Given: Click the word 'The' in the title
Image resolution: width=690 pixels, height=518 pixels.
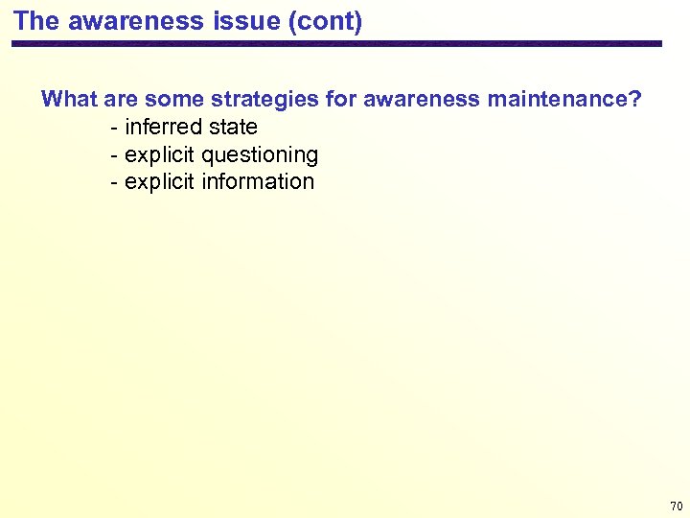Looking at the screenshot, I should pos(36,21).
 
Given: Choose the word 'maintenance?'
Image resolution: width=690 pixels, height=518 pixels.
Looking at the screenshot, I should pos(563,99).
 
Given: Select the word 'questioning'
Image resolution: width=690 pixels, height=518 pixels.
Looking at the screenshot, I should pos(261,154).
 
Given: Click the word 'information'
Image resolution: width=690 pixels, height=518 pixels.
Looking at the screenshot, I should pos(259,181).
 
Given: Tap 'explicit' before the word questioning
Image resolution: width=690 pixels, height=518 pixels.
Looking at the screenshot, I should pos(160,154).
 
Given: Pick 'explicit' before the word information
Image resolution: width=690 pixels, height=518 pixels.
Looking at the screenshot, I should pos(160,181).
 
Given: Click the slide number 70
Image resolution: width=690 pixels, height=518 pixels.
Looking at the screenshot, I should pos(676,506).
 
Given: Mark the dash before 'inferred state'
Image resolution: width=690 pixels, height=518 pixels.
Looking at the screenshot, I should pos(115,128).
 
